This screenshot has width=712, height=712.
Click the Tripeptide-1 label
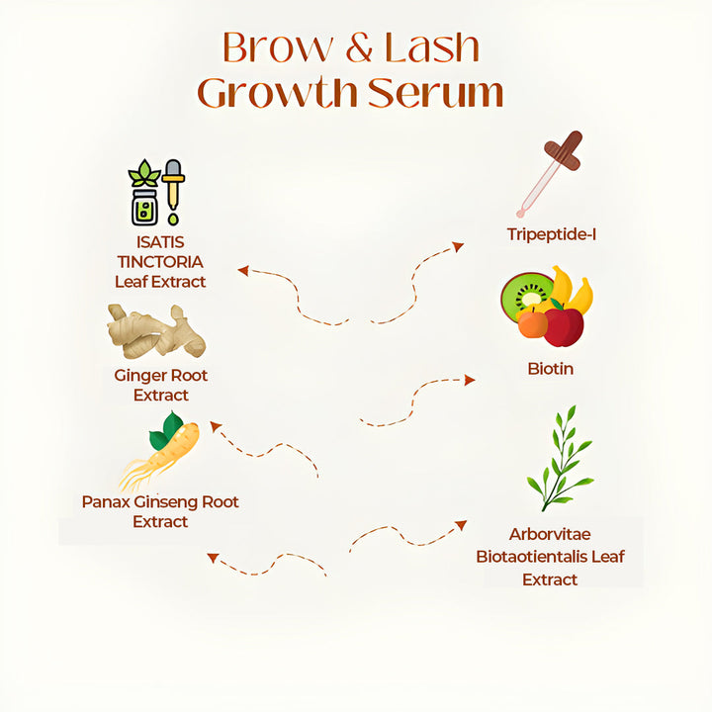coord(551,234)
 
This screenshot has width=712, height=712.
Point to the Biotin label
coord(551,369)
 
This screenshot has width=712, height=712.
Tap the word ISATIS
coord(160,241)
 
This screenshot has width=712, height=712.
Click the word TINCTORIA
coord(160,261)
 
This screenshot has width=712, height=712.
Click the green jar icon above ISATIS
coord(144,206)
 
